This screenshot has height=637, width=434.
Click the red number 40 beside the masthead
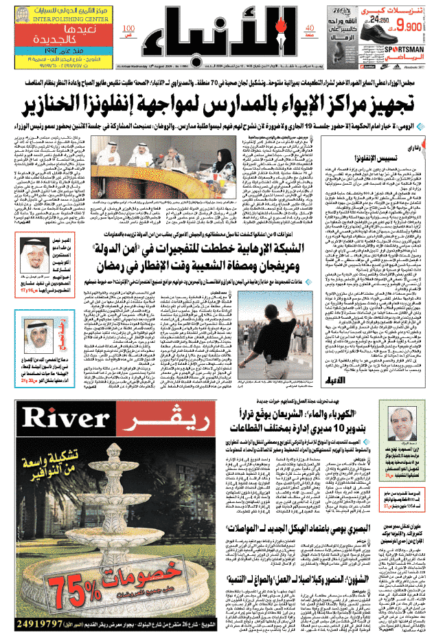(307, 28)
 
